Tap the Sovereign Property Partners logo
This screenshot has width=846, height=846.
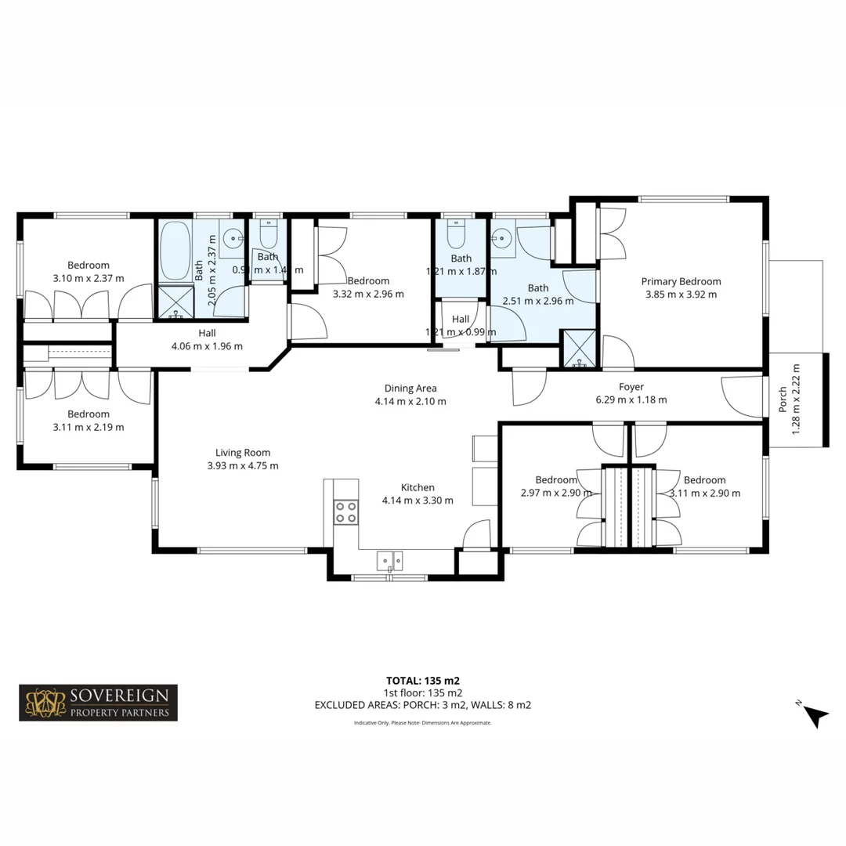pyautogui.click(x=98, y=703)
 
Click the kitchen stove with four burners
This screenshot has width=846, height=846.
pyautogui.click(x=345, y=512)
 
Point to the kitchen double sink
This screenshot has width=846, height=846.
pyautogui.click(x=389, y=560)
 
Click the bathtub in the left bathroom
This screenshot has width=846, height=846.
pyautogui.click(x=174, y=251)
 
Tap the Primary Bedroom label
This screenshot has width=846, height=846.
pyautogui.click(x=681, y=281)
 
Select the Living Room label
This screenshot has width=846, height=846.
pyautogui.click(x=243, y=452)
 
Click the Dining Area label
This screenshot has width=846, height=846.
pyautogui.click(x=410, y=388)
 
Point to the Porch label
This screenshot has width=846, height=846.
pyautogui.click(x=783, y=399)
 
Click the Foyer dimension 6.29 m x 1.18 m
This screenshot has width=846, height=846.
pyautogui.click(x=631, y=399)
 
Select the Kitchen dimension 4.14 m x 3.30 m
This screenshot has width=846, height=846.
pyautogui.click(x=417, y=500)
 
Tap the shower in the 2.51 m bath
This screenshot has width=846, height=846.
pyautogui.click(x=579, y=349)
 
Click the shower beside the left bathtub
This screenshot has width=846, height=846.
pyautogui.click(x=175, y=303)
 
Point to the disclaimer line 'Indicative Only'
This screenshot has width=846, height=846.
pyautogui.click(x=422, y=723)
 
